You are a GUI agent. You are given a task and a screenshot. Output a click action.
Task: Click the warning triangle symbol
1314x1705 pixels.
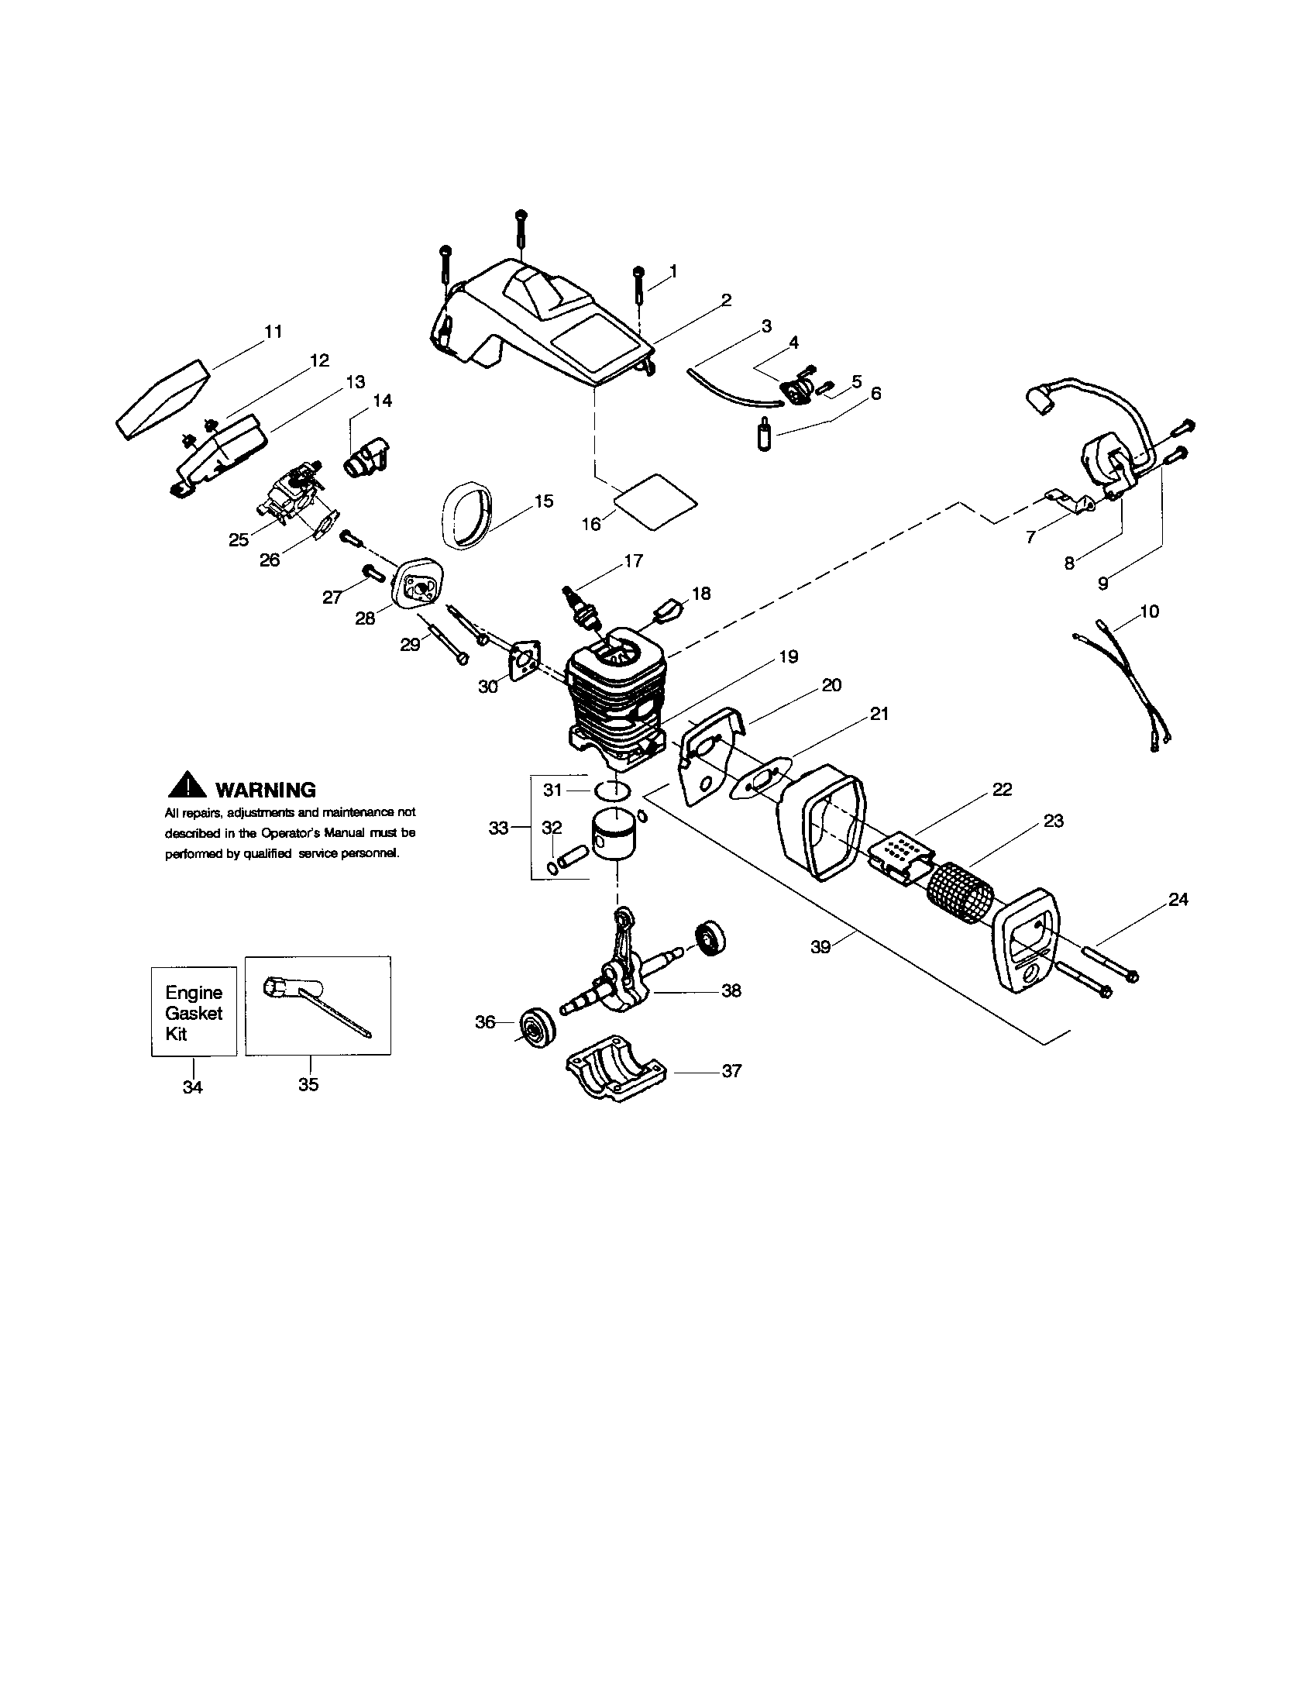(x=187, y=785)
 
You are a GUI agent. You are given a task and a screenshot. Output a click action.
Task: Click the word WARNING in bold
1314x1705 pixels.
(x=265, y=789)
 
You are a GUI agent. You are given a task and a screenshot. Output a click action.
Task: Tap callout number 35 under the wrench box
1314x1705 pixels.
(x=308, y=1084)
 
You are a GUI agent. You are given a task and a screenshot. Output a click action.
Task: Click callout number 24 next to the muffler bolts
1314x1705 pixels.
(x=1178, y=899)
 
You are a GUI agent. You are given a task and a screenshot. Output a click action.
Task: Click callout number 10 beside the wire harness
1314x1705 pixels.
(x=1149, y=611)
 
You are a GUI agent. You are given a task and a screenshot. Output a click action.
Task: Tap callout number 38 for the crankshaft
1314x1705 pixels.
(x=731, y=990)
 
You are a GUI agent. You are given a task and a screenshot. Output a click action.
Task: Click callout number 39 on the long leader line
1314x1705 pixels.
(x=820, y=947)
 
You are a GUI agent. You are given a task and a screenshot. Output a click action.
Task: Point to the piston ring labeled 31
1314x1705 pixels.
(x=611, y=790)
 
